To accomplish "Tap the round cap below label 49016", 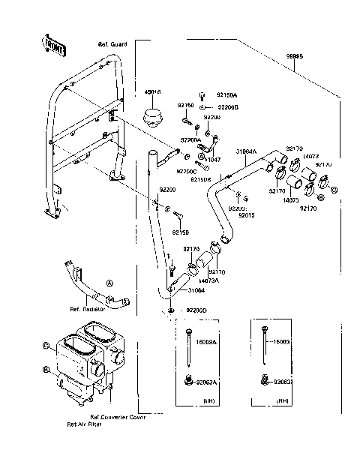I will pyautogui.click(x=153, y=118).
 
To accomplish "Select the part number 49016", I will pyautogui.click(x=152, y=92).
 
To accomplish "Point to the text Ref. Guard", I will pyautogui.click(x=113, y=45).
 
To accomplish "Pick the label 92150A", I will pyautogui.click(x=227, y=95).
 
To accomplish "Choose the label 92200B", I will pyautogui.click(x=227, y=107).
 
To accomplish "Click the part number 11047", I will pyautogui.click(x=214, y=160).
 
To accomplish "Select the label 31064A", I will pyautogui.click(x=246, y=151).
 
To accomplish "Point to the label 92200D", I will pyautogui.click(x=196, y=310).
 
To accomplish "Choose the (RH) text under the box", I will pyautogui.click(x=283, y=400).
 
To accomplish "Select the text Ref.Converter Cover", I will pyautogui.click(x=118, y=417).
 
